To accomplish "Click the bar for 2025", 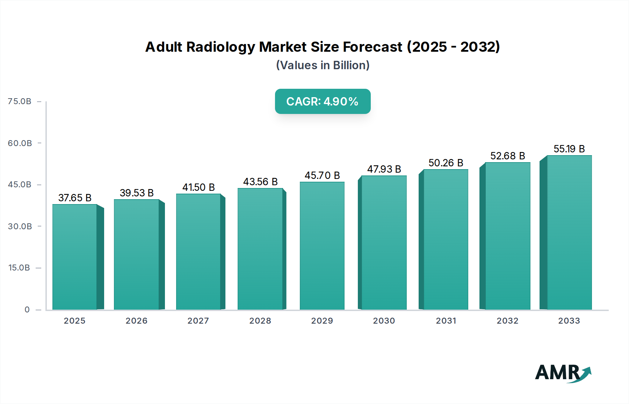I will click(x=75, y=257).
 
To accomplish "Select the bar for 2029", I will click(x=322, y=246).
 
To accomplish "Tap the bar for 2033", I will click(x=569, y=232).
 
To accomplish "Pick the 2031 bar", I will click(x=446, y=239).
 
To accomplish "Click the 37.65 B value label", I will click(x=75, y=198).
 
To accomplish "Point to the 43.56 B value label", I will click(x=260, y=182).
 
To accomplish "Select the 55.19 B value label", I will click(x=569, y=149).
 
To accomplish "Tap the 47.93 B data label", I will click(x=384, y=169).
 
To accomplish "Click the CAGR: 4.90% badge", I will click(x=323, y=101).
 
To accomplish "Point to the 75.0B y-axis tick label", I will click(x=20, y=101).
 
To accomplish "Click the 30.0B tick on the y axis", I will click(x=20, y=226).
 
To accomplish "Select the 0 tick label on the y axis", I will click(x=27, y=310).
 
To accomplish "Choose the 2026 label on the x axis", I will click(x=136, y=321).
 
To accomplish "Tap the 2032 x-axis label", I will click(x=507, y=321).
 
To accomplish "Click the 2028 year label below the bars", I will click(x=260, y=321).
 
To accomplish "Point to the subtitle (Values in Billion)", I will click(x=323, y=65).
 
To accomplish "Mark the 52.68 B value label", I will click(x=507, y=156).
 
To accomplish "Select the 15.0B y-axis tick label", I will click(x=19, y=268).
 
